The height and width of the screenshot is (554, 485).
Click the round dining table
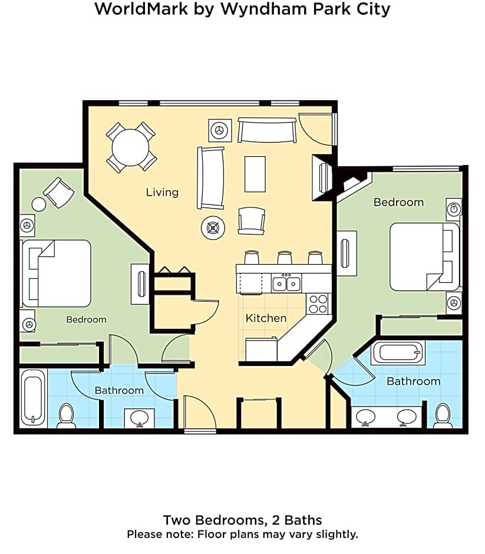[131, 147]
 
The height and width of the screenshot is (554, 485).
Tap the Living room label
[162, 192]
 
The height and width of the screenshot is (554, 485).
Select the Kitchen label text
[266, 318]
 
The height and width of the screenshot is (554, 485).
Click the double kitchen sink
[286, 284]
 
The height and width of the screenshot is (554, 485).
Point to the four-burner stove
[318, 304]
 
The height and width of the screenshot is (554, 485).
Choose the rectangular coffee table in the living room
[255, 173]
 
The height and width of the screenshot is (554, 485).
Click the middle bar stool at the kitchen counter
[285, 258]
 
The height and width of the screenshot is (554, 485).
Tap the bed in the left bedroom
[57, 273]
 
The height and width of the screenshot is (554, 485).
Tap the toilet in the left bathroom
[66, 415]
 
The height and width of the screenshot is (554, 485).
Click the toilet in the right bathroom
[442, 415]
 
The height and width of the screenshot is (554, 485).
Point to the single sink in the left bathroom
[140, 417]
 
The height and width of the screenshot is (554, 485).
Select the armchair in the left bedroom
[59, 192]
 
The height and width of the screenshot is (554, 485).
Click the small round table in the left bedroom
[39, 205]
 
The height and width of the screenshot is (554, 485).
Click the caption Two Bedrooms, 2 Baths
[242, 520]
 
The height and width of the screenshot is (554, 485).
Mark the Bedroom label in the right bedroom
[398, 202]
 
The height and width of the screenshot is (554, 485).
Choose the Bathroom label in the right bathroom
[413, 381]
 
